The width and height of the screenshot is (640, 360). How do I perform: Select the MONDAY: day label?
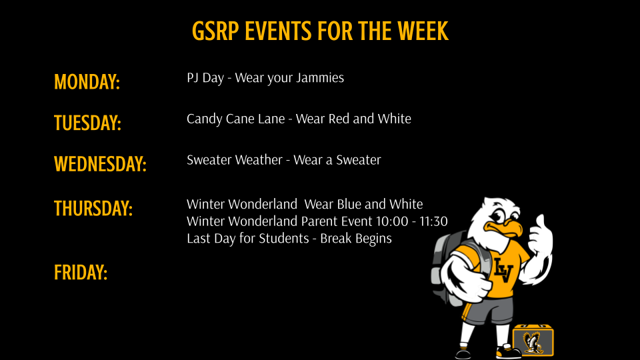pyautogui.click(x=87, y=82)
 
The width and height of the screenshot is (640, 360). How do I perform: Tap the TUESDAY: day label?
pyautogui.click(x=87, y=123)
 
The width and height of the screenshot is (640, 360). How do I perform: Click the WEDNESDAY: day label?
pyautogui.click(x=100, y=164)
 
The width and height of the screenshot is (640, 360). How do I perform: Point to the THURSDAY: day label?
pyautogui.click(x=93, y=209)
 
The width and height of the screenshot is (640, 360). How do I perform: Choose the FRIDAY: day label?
pyautogui.click(x=81, y=273)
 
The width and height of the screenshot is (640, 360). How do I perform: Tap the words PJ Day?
pyautogui.click(x=205, y=78)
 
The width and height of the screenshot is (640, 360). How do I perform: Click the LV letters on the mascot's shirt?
pyautogui.click(x=503, y=270)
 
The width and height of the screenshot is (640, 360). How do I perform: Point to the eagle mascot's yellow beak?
pyautogui.click(x=508, y=227)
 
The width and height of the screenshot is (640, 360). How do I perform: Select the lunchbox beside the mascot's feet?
pyautogui.click(x=533, y=340)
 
